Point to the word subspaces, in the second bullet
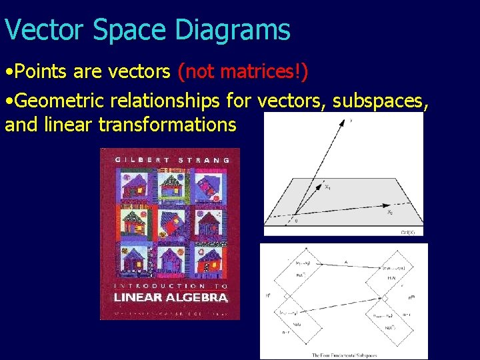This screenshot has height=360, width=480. tap(380, 101)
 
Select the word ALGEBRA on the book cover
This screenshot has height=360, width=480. tap(199, 298)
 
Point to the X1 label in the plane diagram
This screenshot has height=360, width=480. tap(327, 187)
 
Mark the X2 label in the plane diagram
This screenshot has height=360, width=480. tap(389, 212)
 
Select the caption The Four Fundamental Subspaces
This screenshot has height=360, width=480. tap(343, 353)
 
